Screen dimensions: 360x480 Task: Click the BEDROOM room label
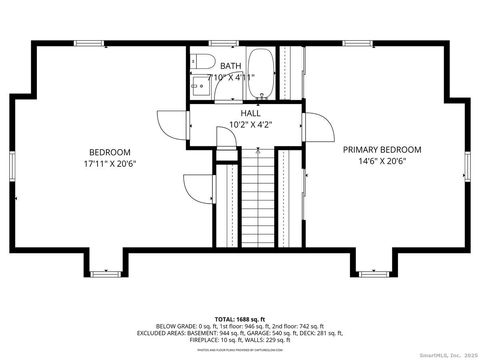pos(110,154)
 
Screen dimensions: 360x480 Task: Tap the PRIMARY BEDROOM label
pos(382,150)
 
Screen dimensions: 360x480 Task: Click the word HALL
pos(251,113)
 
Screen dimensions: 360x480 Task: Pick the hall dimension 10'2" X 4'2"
pos(251,124)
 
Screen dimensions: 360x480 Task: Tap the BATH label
pos(231,66)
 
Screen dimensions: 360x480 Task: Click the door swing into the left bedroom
pos(177,124)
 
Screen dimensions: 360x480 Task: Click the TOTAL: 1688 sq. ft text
pos(240,317)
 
